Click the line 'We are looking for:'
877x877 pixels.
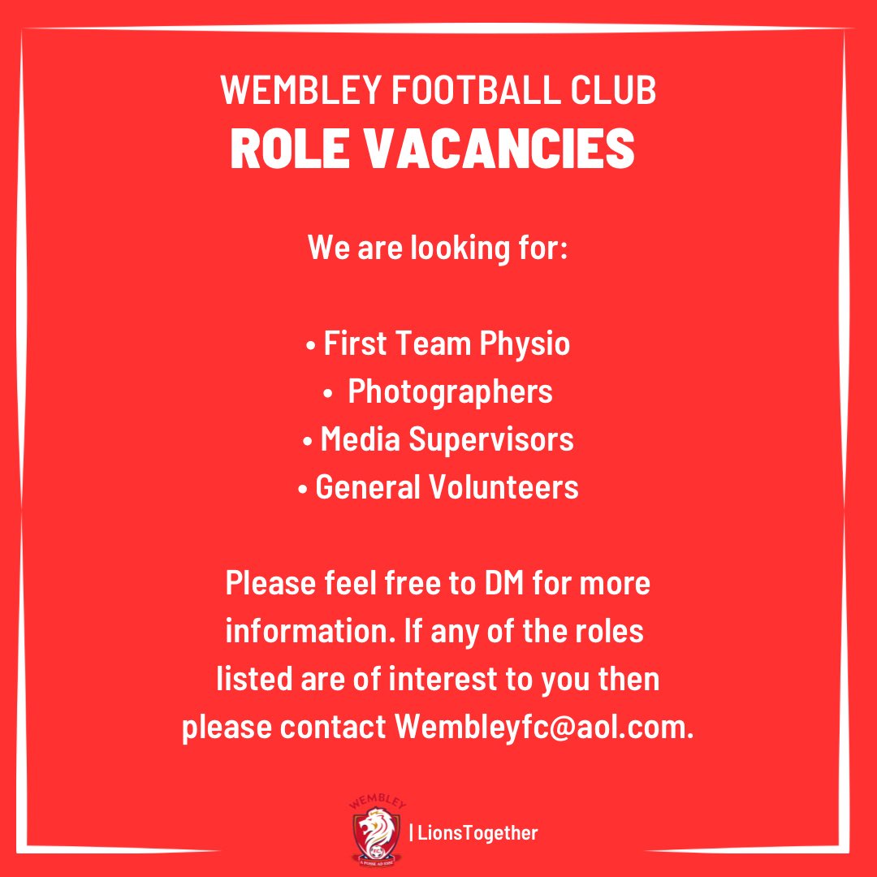tap(438, 248)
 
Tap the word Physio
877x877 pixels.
tap(525, 343)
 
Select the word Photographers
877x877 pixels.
tap(450, 391)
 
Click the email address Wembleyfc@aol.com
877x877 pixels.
tap(544, 728)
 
